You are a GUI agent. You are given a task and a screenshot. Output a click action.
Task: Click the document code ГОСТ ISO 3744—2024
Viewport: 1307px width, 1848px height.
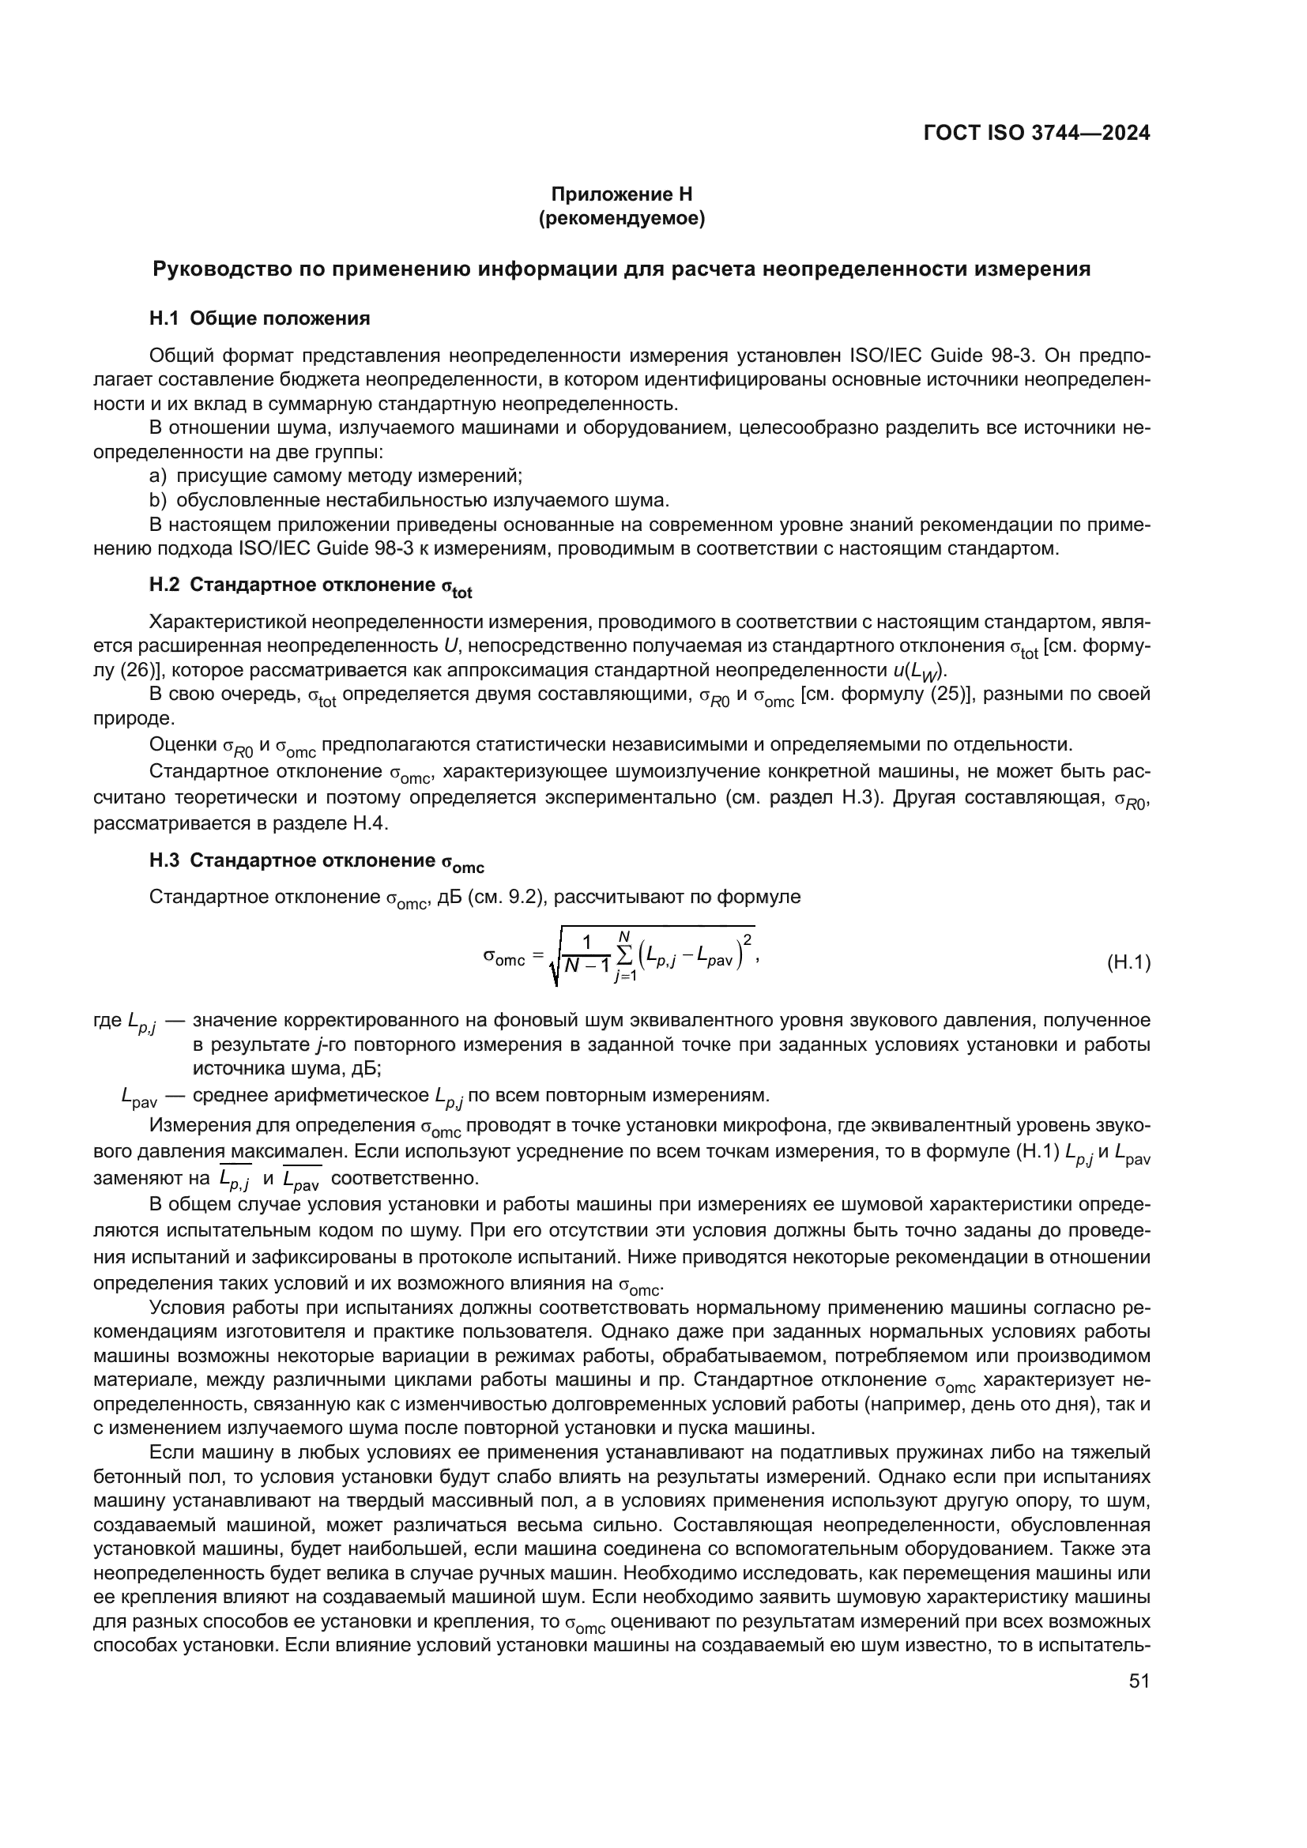pos(1036,134)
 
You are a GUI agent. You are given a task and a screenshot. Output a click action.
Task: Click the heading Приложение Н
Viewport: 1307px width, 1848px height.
pos(621,194)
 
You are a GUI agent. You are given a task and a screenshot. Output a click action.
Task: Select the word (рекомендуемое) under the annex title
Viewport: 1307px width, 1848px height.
pos(621,218)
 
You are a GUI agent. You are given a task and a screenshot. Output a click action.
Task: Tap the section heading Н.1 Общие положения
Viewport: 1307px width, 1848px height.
pos(259,318)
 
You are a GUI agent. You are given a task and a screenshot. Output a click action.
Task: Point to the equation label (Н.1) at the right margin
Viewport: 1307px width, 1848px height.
pos(1129,962)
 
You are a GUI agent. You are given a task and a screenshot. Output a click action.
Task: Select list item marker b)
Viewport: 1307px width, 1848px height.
pos(158,501)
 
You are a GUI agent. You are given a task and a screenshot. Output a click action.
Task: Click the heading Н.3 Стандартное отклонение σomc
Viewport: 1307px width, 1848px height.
pos(316,862)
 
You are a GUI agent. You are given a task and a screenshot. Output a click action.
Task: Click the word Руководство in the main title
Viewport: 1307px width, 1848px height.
pos(220,269)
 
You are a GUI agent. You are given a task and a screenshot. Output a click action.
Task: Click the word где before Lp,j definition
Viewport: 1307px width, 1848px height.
pos(107,1021)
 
